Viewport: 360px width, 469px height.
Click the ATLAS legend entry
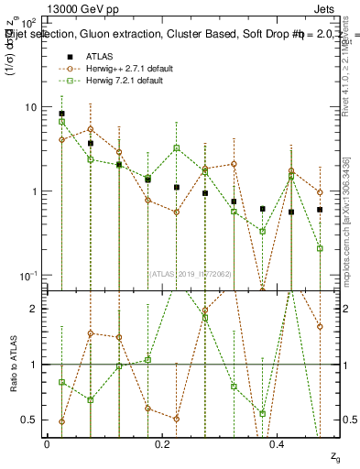[x=99, y=55]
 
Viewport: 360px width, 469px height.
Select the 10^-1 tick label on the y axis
[x=28, y=275]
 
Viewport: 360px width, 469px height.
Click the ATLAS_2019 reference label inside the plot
[x=189, y=273]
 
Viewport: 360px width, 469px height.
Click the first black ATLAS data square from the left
[x=61, y=114]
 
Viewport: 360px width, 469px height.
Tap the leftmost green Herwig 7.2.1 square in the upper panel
[x=61, y=121]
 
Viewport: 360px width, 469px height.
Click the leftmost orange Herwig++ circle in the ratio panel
[x=61, y=421]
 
